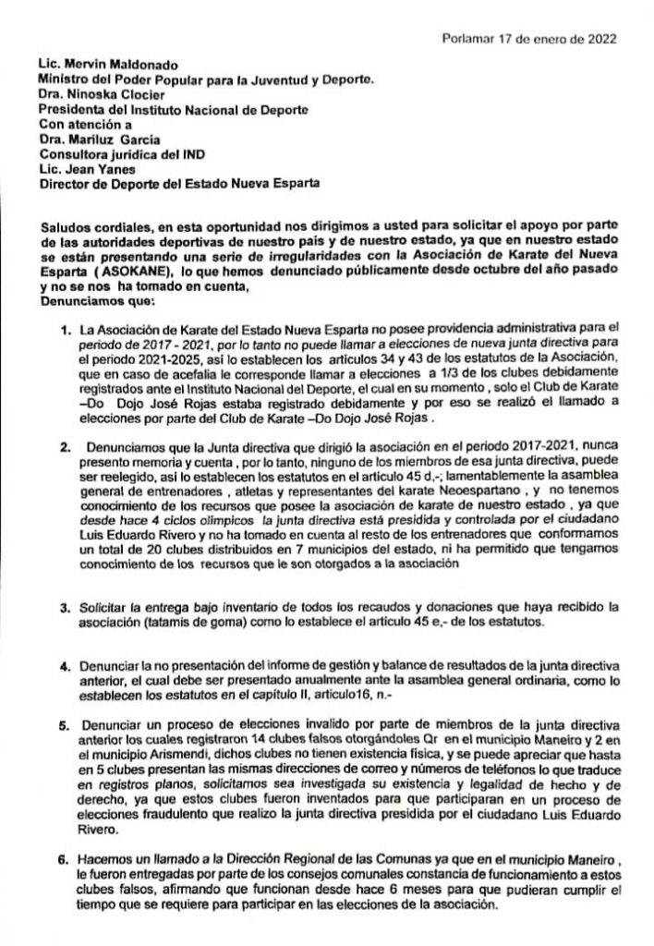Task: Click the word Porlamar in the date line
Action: (x=469, y=39)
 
